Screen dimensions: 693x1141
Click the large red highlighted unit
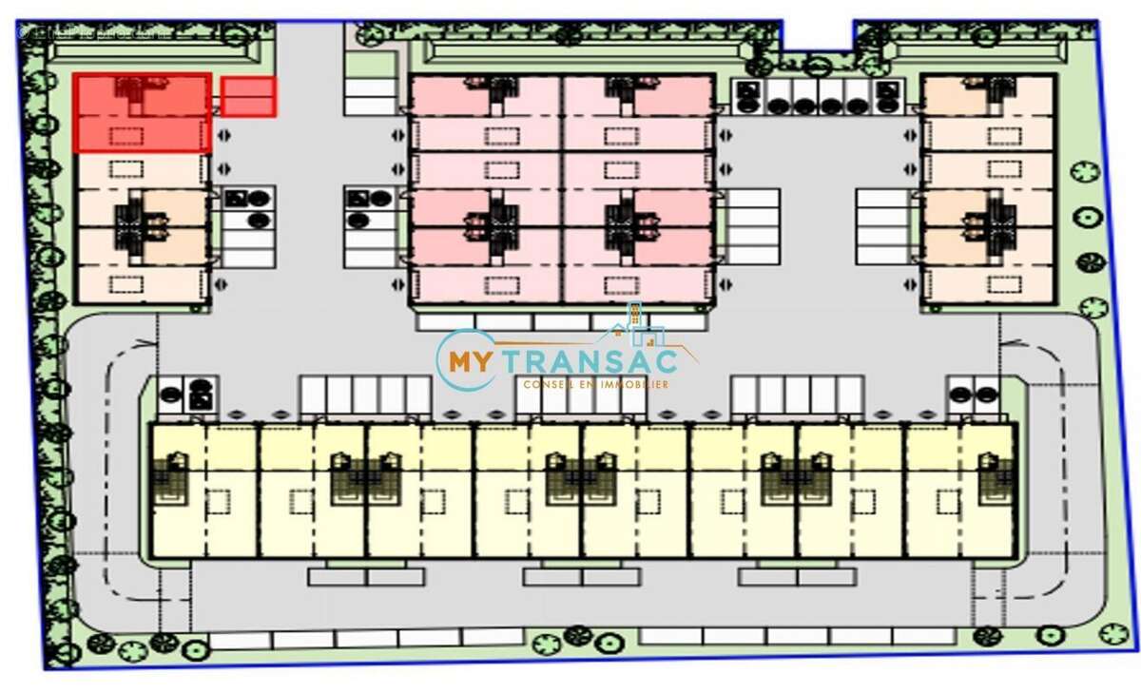[143, 113]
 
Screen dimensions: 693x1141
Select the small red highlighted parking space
[248, 97]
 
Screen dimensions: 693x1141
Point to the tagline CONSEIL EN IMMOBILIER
[595, 384]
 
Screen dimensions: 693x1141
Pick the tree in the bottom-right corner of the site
[1112, 632]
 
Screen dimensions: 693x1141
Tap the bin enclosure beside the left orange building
[248, 209]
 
